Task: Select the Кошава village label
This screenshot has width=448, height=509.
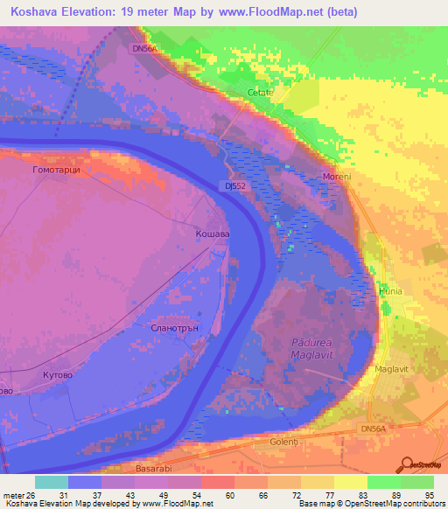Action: pyautogui.click(x=213, y=234)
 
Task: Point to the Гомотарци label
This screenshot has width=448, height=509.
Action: pyautogui.click(x=56, y=170)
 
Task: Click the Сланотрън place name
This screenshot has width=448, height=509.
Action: pyautogui.click(x=164, y=329)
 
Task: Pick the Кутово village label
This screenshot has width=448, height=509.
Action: pyautogui.click(x=59, y=373)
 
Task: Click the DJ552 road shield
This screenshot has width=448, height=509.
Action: pyautogui.click(x=232, y=185)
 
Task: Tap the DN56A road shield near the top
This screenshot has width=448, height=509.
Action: pyautogui.click(x=144, y=49)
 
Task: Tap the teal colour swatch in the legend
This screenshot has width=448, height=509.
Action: pyautogui.click(x=51, y=482)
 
